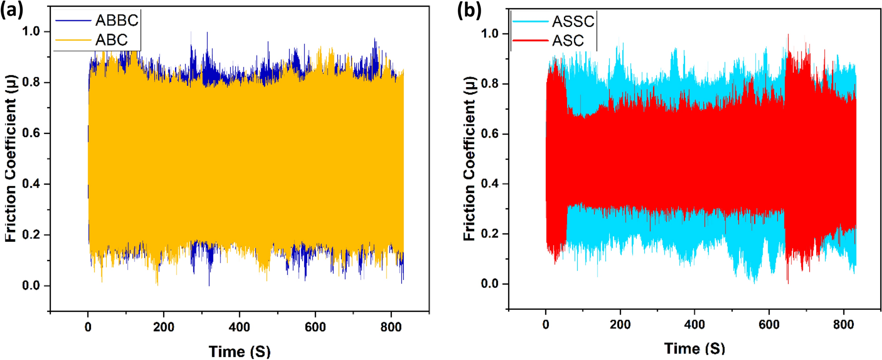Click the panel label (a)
click(11, 10)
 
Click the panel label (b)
click(469, 10)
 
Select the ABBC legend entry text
click(117, 20)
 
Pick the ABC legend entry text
click(112, 40)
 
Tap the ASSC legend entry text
click(573, 21)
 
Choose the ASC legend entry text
click(568, 41)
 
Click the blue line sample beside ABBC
click(73, 20)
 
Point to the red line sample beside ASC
click(530, 40)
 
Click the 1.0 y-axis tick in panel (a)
click(31, 32)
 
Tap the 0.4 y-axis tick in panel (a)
click(31, 184)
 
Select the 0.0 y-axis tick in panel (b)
click(490, 284)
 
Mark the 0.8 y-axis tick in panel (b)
click(490, 84)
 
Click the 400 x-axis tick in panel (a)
click(240, 327)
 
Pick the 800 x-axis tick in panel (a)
click(391, 327)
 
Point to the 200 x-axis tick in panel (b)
click(620, 325)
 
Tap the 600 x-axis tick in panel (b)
click(769, 325)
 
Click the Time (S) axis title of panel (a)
click(240, 351)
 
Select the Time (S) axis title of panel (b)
click(694, 349)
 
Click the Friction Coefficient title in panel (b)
click(470, 158)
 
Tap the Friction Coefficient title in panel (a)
click(11, 158)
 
